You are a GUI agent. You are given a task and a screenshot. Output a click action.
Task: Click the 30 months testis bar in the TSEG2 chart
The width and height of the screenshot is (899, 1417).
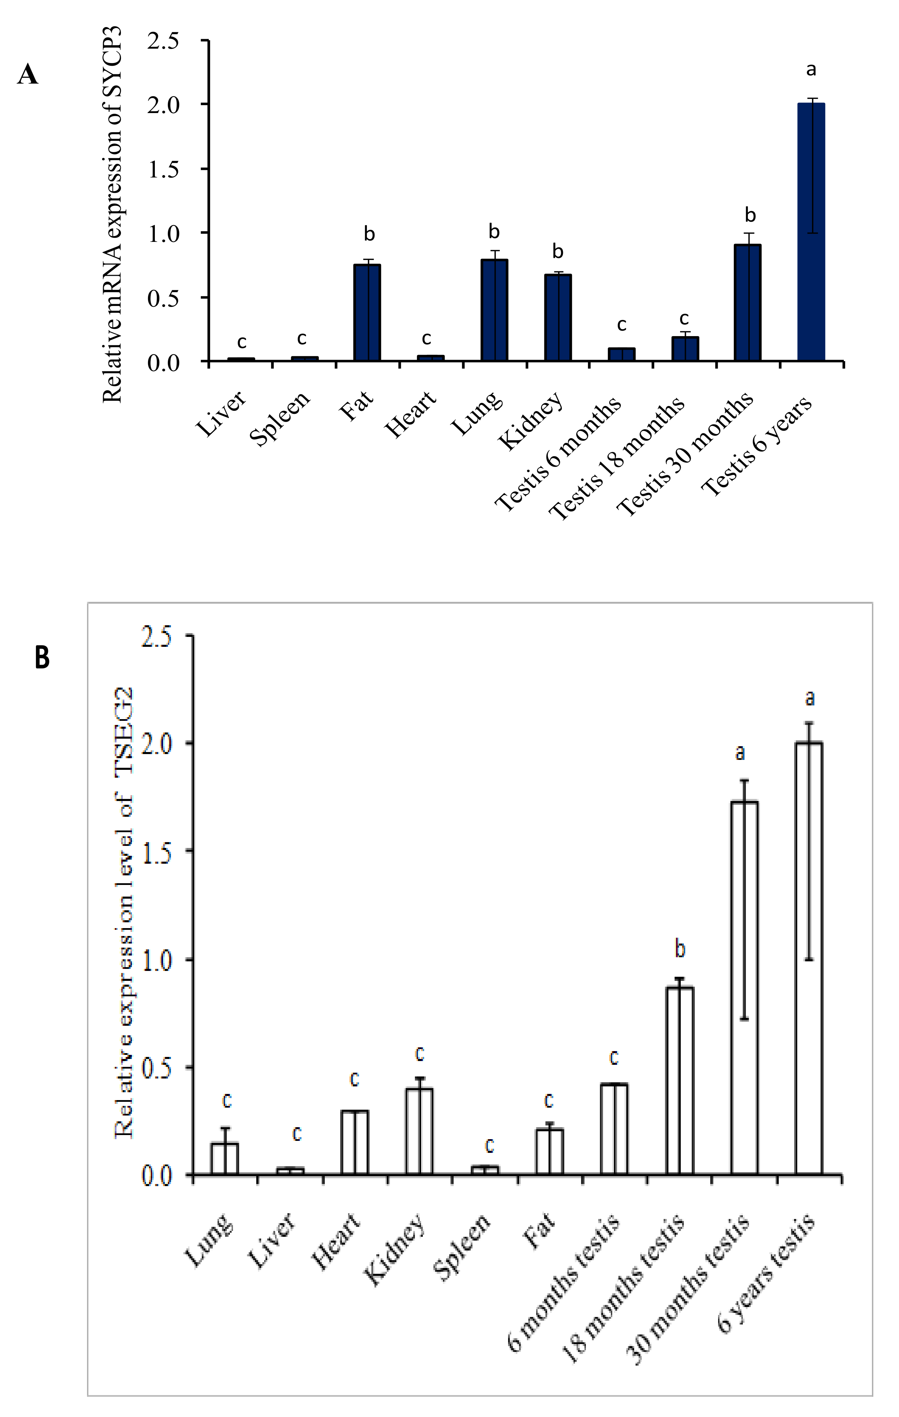tap(744, 989)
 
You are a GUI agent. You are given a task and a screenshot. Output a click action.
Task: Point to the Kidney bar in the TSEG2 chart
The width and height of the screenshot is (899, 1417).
tap(419, 1132)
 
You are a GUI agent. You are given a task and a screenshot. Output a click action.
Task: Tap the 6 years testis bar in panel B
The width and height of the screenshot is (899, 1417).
tap(809, 959)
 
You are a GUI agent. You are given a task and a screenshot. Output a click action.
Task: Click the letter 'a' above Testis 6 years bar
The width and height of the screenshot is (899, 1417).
tap(811, 70)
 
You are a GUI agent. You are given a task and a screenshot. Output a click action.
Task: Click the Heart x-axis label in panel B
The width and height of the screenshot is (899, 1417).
tap(336, 1242)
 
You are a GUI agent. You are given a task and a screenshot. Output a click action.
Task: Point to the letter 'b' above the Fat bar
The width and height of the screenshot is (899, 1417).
tap(369, 234)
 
